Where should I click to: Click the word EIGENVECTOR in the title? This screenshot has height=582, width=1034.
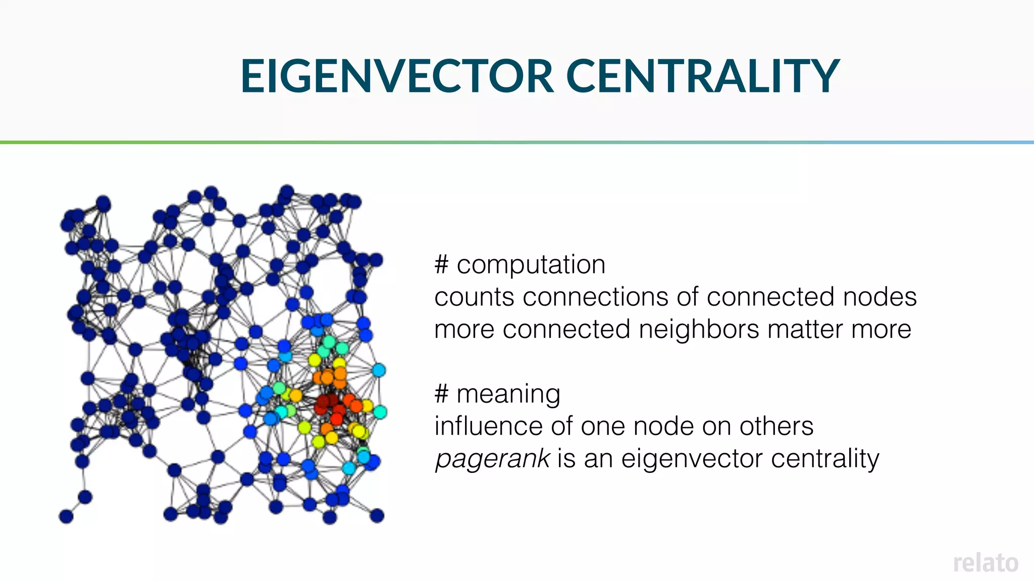point(397,76)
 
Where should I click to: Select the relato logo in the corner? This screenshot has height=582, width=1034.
point(985,563)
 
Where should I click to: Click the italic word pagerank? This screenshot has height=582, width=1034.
point(492,459)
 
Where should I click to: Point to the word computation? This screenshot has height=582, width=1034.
point(531,265)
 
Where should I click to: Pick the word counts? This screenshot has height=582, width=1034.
point(474,297)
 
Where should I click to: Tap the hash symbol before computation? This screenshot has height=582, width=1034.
point(441,265)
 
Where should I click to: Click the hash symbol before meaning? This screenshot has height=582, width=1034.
point(441,394)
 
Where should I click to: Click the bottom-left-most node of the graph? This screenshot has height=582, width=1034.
point(66,516)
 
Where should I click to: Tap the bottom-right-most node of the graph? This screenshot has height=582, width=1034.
point(377,516)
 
